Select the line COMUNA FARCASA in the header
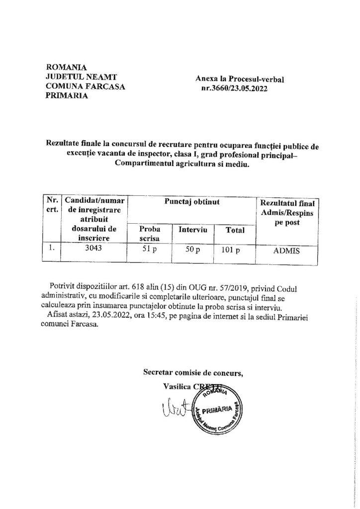(81, 86)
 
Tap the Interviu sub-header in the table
(192, 230)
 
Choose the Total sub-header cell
(234, 230)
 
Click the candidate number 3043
(93, 250)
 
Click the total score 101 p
(231, 251)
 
